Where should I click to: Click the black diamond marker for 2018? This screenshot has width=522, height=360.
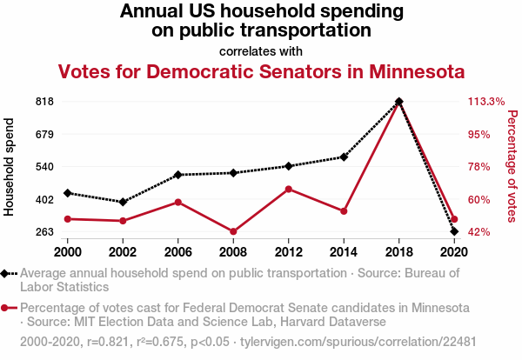[x=398, y=102]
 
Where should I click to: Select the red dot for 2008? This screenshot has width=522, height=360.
[x=233, y=231]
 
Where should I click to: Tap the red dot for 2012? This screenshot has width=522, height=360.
[x=288, y=189]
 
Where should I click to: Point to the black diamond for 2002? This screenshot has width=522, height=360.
[x=123, y=202]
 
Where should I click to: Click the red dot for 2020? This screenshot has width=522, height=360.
[x=454, y=220]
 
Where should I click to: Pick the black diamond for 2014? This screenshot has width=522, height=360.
[x=344, y=157]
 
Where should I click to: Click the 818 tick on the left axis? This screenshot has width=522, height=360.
[x=45, y=102]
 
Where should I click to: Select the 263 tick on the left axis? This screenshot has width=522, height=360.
[x=45, y=232]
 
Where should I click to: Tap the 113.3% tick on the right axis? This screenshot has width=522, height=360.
[x=486, y=102]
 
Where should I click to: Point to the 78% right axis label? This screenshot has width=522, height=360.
[x=480, y=167]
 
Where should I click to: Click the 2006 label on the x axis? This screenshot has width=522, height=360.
[x=177, y=251]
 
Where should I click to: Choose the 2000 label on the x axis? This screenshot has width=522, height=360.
[x=67, y=251]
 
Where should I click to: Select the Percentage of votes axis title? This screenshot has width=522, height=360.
[x=512, y=165]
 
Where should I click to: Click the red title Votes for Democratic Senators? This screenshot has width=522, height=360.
[x=261, y=70]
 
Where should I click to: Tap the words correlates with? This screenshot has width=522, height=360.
[x=261, y=50]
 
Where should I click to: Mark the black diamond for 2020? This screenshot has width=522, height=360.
[x=454, y=231]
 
